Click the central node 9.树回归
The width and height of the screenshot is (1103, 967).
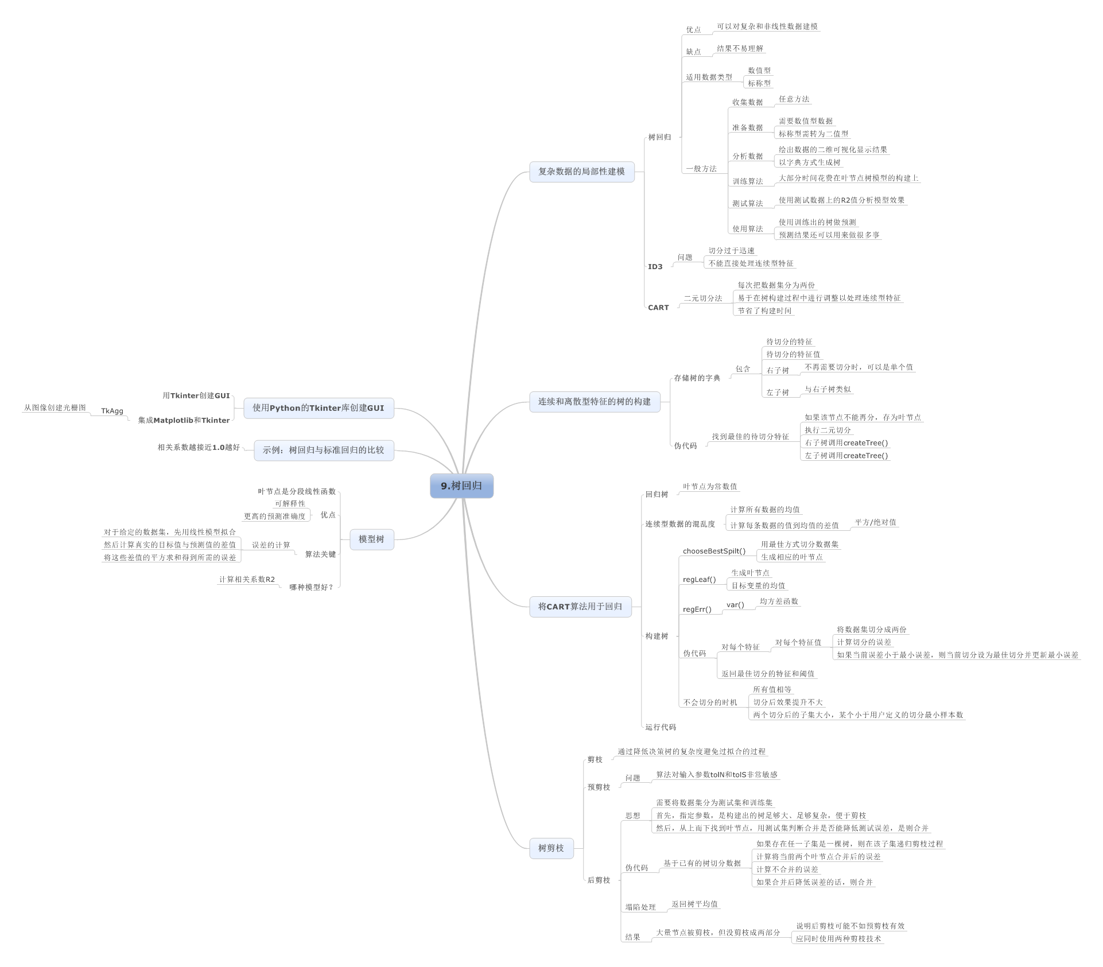pyautogui.click(x=461, y=486)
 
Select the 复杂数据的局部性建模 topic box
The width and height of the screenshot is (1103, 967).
pyautogui.click(x=581, y=172)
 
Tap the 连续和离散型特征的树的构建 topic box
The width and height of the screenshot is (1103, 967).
pyautogui.click(x=595, y=402)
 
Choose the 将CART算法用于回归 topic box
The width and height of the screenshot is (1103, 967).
pyautogui.click(x=580, y=607)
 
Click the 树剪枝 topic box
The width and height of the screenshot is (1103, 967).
pyautogui.click(x=551, y=848)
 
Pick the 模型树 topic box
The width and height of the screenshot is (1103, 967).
pyautogui.click(x=371, y=539)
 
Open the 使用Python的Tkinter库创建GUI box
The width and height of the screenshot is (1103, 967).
pyautogui.click(x=319, y=408)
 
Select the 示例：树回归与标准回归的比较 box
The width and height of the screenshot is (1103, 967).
pyautogui.click(x=324, y=450)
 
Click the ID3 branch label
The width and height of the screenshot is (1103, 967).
pyautogui.click(x=655, y=267)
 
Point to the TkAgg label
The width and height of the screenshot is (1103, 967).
pyautogui.click(x=112, y=411)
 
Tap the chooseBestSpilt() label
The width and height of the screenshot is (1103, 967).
pyautogui.click(x=714, y=552)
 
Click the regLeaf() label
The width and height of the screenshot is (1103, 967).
pyautogui.click(x=699, y=580)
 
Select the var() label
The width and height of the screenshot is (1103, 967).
pyautogui.click(x=735, y=605)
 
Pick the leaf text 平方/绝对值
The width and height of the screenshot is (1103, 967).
pyautogui.click(x=875, y=522)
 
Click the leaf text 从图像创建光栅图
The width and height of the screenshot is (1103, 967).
pyautogui.click(x=55, y=407)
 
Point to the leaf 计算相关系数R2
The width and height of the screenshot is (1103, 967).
pyautogui.click(x=247, y=580)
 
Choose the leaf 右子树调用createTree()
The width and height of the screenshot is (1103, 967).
pyautogui.click(x=846, y=443)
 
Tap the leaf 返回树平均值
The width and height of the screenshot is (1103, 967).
pyautogui.click(x=694, y=904)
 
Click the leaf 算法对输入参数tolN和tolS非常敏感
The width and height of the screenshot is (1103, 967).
pyautogui.click(x=717, y=775)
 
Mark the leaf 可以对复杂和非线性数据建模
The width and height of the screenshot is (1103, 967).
pyautogui.click(x=767, y=26)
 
